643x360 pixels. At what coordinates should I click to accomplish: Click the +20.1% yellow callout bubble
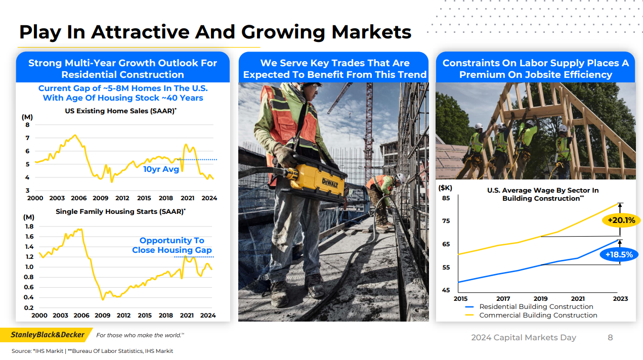point(620,220)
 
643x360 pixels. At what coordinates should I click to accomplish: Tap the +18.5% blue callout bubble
point(619,254)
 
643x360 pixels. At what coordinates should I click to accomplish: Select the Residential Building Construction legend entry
point(529,306)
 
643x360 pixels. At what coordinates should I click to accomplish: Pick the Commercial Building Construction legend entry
point(531,315)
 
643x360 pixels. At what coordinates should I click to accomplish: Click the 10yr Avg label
point(161,169)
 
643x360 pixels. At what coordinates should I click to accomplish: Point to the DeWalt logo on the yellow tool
point(330,183)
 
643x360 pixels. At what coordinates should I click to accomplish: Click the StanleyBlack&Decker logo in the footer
point(48,335)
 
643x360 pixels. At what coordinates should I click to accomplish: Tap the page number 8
point(610,338)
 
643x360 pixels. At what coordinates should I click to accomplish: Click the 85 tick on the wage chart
point(446,198)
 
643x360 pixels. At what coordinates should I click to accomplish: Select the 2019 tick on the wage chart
point(540,299)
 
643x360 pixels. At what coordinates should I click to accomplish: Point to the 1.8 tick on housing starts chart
point(29,227)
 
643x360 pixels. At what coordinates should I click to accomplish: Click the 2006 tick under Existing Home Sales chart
point(78,198)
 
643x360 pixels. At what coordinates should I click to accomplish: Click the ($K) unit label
point(445,188)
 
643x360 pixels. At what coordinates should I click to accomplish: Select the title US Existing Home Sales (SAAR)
point(120,111)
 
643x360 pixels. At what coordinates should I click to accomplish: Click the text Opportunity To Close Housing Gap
point(172,245)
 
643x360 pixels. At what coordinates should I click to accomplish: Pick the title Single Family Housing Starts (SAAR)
point(120,211)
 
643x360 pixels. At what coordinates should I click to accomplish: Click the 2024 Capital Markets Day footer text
point(524,338)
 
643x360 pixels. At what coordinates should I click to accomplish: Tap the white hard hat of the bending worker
point(401,179)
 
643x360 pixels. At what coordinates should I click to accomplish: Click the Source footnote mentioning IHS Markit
point(93,351)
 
